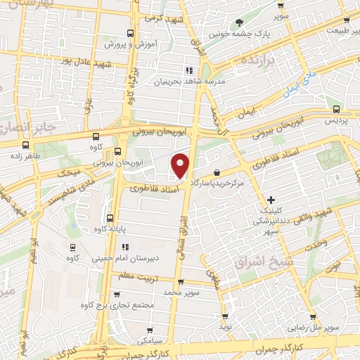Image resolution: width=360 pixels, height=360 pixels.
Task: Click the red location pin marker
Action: tap(181, 165)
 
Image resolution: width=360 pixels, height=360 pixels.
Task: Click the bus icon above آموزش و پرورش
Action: tap(130, 33)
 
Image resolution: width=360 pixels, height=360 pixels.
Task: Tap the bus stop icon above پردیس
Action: tap(337, 109)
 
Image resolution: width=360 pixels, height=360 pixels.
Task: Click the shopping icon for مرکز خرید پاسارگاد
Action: tap(217, 172)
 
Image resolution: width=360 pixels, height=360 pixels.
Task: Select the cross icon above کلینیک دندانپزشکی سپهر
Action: tap(271, 200)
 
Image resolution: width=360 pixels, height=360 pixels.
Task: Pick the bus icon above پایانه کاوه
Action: tap(110, 217)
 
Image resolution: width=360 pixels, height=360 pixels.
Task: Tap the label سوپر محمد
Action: tap(182, 292)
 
